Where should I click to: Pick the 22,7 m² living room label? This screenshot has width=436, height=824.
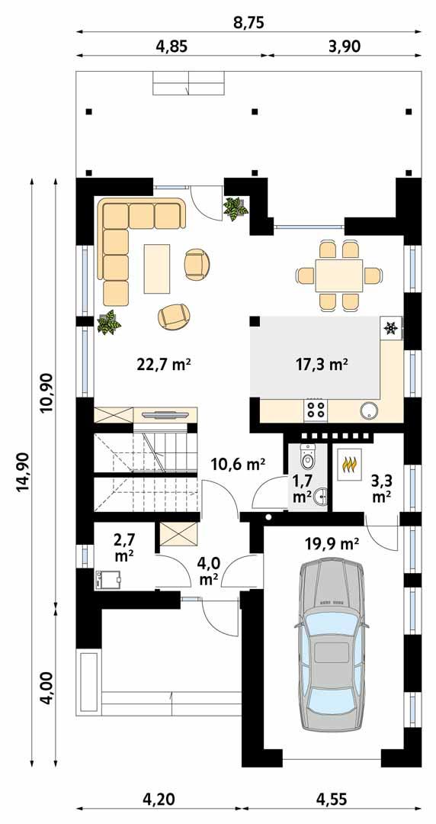click(163, 365)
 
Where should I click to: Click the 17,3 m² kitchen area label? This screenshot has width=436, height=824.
click(321, 365)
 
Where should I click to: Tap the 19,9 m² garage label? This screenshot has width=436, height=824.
click(333, 544)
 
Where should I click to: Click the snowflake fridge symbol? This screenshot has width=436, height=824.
click(390, 329)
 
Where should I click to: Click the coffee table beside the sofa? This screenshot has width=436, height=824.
click(158, 268)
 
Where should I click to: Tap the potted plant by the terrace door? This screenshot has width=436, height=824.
click(235, 208)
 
